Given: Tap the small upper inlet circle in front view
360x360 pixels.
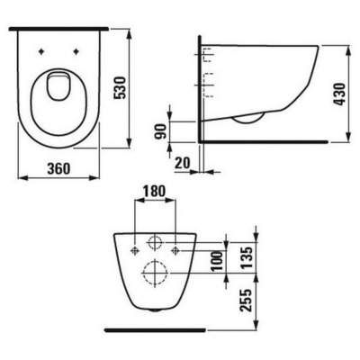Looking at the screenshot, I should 154,243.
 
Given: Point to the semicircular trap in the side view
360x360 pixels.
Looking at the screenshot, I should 247,118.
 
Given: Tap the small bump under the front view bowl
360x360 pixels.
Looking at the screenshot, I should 155,310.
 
